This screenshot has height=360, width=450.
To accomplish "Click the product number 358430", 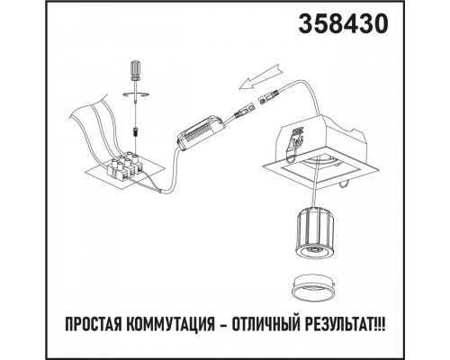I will [346, 26].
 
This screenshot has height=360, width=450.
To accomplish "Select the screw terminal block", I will [125, 164].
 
